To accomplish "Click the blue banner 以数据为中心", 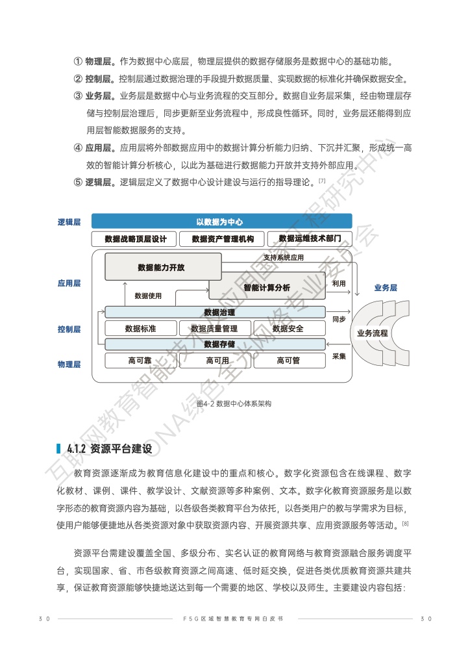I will (221, 222).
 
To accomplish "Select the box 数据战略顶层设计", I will (134, 239).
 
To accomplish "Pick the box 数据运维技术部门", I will (310, 238).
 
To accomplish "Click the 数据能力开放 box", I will (161, 267).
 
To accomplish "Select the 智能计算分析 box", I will (267, 287).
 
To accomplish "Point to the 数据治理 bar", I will (219, 313).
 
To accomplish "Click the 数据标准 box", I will (140, 329).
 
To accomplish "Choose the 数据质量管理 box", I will (214, 329).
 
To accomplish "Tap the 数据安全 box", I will (288, 329).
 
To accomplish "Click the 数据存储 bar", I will (219, 344).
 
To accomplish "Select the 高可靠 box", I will (140, 361).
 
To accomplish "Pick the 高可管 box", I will (288, 361).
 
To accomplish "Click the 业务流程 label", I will (372, 333).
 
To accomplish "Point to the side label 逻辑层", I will (69, 222).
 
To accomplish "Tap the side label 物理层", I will (69, 365).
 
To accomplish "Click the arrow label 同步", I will (339, 320).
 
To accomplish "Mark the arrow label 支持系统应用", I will (283, 257).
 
